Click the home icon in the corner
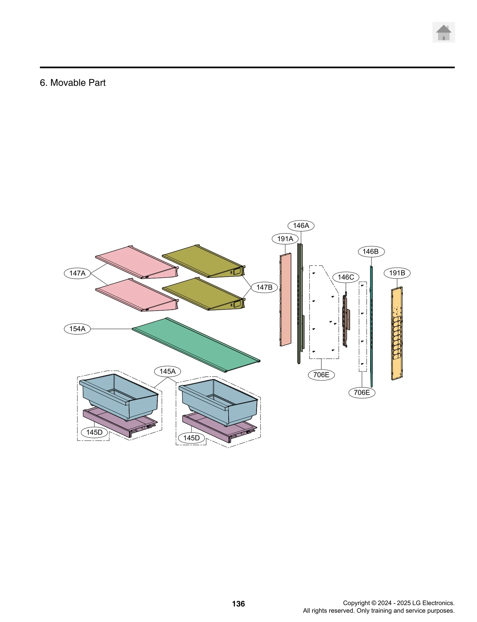tap(443, 32)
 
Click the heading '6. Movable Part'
tap(72, 83)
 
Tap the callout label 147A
tap(77, 273)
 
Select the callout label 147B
tap(264, 287)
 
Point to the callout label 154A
tap(77, 329)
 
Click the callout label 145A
tap(167, 371)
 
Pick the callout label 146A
tap(301, 225)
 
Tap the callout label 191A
tap(285, 238)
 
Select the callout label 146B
tap(371, 251)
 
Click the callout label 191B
tap(397, 273)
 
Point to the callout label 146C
tap(346, 277)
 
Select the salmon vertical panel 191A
tap(286, 299)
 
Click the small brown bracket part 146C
tap(346, 320)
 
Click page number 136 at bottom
tap(238, 603)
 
